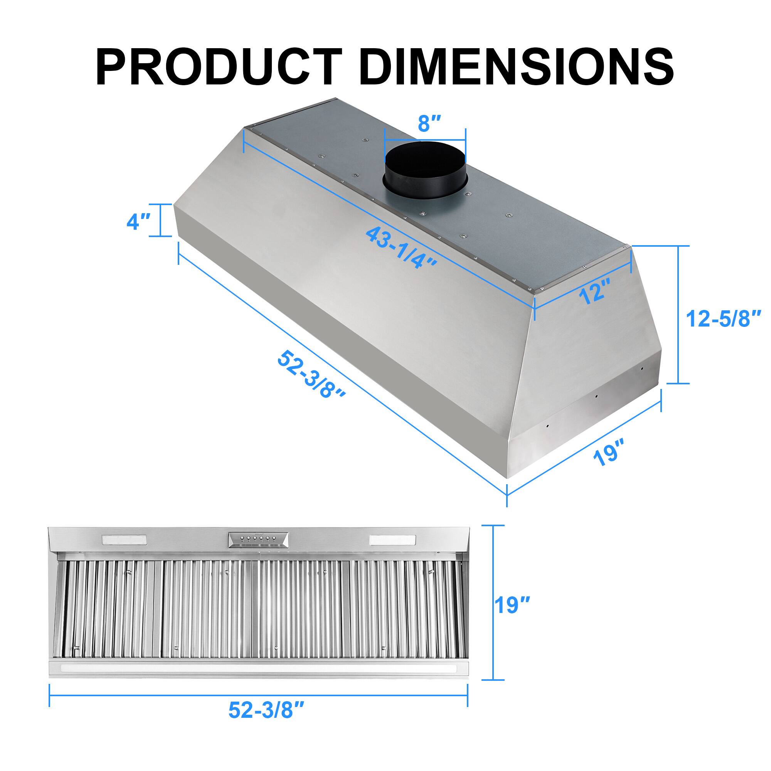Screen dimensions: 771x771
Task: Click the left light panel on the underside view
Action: [125, 540]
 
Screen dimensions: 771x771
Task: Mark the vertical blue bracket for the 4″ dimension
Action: [161, 220]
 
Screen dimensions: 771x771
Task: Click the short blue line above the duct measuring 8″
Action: [424, 140]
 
